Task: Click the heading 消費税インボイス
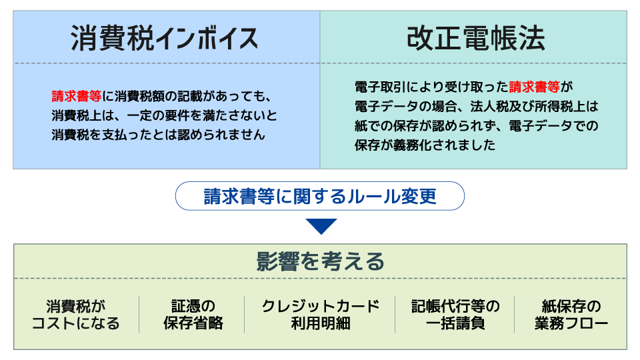click(165, 39)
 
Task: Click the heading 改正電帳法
click(476, 38)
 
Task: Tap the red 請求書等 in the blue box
click(76, 96)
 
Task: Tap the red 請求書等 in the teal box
click(534, 87)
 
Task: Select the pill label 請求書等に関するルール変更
click(320, 196)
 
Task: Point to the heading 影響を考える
click(321, 261)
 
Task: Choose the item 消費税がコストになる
click(76, 315)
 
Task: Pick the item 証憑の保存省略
click(193, 315)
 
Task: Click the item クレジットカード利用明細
click(321, 315)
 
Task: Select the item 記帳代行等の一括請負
click(455, 315)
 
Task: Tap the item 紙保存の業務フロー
click(571, 315)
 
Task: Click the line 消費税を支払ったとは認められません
click(159, 135)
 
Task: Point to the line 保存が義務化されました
click(425, 145)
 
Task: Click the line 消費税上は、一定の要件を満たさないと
click(164, 115)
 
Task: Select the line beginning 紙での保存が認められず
click(476, 126)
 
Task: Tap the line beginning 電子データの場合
click(476, 106)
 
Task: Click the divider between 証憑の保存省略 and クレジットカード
click(245, 314)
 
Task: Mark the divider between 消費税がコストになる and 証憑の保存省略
click(139, 314)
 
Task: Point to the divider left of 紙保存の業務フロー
click(514, 314)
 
